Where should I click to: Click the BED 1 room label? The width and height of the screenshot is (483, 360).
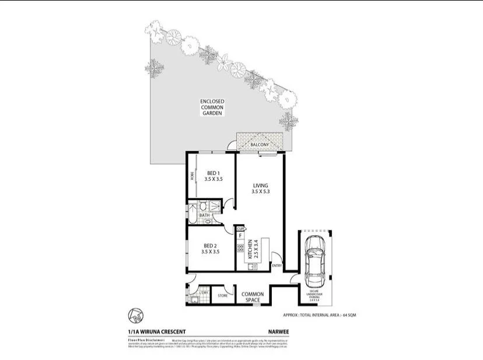[x=213, y=176]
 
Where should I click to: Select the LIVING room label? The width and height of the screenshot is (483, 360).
[x=260, y=188]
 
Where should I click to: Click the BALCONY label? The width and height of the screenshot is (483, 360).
[x=259, y=145]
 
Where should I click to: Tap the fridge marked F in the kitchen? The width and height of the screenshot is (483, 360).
[x=240, y=236]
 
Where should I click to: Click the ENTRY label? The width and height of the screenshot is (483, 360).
[x=276, y=265]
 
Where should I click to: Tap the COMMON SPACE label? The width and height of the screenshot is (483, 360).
[x=253, y=297]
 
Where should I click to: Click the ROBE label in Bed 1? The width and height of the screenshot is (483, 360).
[x=190, y=176]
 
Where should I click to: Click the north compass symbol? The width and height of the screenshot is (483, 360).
[x=136, y=316]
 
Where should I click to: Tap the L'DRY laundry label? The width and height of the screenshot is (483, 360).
[x=205, y=292]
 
